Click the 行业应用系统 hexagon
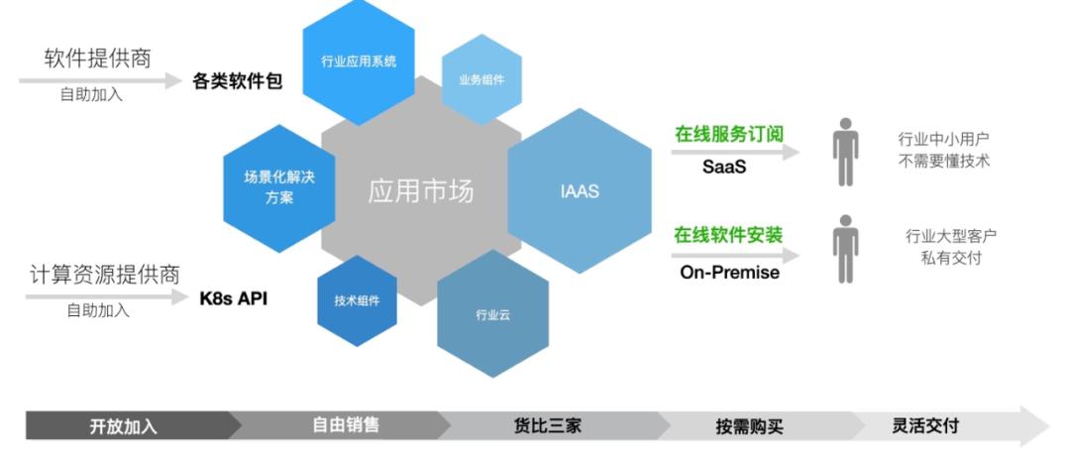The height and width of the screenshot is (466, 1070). click(x=359, y=61)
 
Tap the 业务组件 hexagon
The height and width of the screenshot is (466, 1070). click(x=481, y=80)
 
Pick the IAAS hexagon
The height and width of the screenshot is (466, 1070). click(x=580, y=190)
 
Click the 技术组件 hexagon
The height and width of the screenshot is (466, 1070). click(x=357, y=300)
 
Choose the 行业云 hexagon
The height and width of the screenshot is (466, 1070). click(x=492, y=314)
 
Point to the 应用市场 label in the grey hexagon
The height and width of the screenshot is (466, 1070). click(x=421, y=191)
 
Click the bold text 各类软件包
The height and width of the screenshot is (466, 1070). click(x=237, y=81)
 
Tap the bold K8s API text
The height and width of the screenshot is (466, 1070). click(x=234, y=298)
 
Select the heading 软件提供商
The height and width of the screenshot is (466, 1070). click(x=97, y=58)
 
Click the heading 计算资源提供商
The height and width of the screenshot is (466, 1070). click(x=104, y=274)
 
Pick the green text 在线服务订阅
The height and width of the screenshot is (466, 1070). click(x=729, y=134)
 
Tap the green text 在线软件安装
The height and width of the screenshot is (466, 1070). click(x=728, y=236)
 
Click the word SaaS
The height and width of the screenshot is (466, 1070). click(x=724, y=167)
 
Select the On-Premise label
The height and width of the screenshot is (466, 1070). click(x=729, y=272)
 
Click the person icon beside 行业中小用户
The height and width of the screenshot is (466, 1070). click(x=845, y=152)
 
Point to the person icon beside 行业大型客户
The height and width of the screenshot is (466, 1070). click(x=845, y=249)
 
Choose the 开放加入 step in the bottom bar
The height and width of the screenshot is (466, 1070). click(x=124, y=426)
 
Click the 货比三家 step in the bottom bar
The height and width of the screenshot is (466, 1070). click(x=547, y=426)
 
